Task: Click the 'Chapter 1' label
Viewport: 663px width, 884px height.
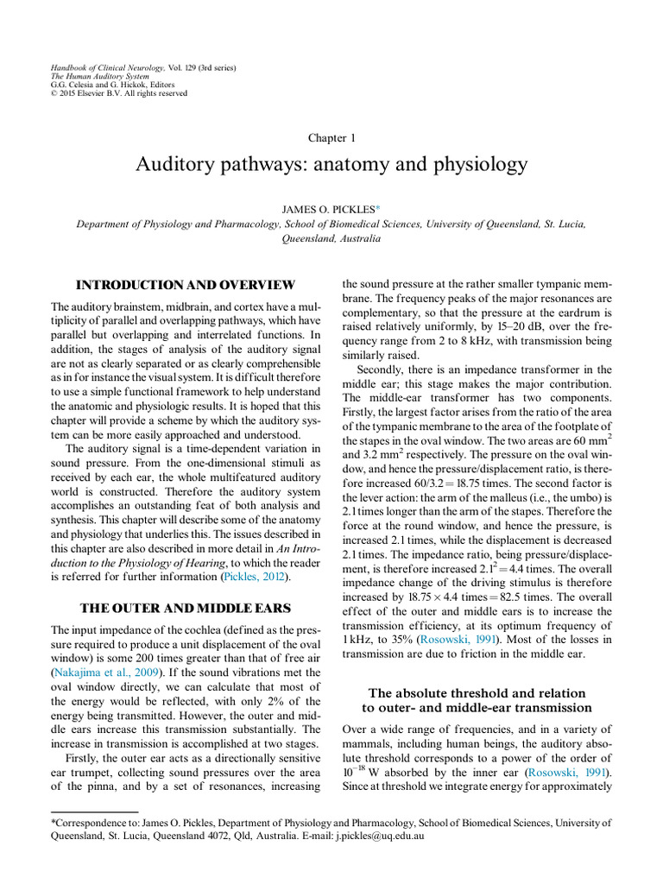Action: (331, 138)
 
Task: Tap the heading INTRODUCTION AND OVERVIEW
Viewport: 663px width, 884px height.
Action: (186, 285)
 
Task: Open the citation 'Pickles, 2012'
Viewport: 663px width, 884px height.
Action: (249, 576)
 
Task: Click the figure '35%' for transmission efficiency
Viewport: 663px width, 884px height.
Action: (402, 640)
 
